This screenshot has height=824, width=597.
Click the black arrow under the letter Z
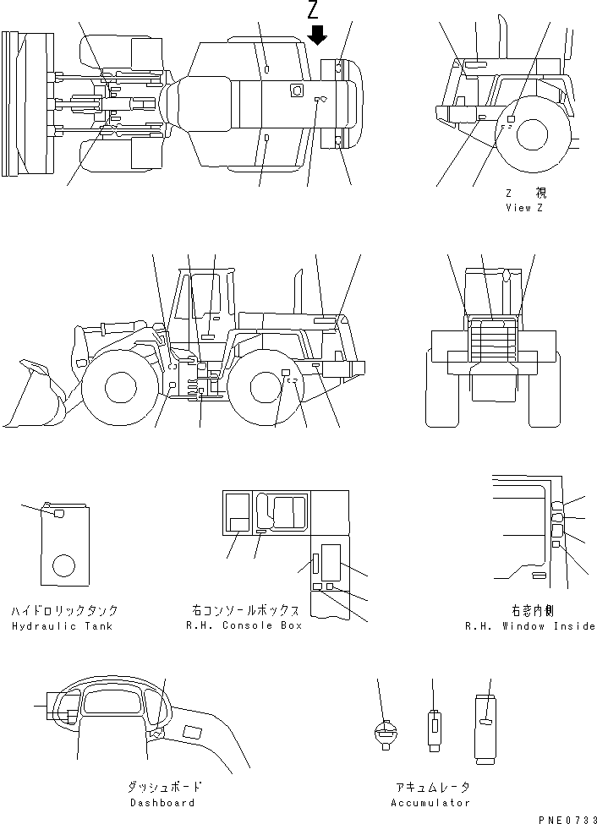pyautogui.click(x=317, y=35)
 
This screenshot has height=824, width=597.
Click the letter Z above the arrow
pyautogui.click(x=314, y=11)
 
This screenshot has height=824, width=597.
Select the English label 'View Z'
pyautogui.click(x=524, y=208)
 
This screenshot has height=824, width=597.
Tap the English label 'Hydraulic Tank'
pyautogui.click(x=62, y=626)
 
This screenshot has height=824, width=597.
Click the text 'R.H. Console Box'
pyautogui.click(x=244, y=625)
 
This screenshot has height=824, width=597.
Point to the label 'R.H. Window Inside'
pyautogui.click(x=530, y=626)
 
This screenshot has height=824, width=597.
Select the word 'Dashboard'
pyautogui.click(x=162, y=803)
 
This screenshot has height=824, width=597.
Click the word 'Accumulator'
pyautogui.click(x=430, y=803)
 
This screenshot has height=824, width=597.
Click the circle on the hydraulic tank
pyautogui.click(x=63, y=565)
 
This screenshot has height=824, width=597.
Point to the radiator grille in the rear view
pyautogui.click(x=491, y=344)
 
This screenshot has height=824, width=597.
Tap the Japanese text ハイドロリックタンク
pyautogui.click(x=64, y=610)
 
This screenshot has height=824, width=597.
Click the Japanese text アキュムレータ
pyautogui.click(x=430, y=787)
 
